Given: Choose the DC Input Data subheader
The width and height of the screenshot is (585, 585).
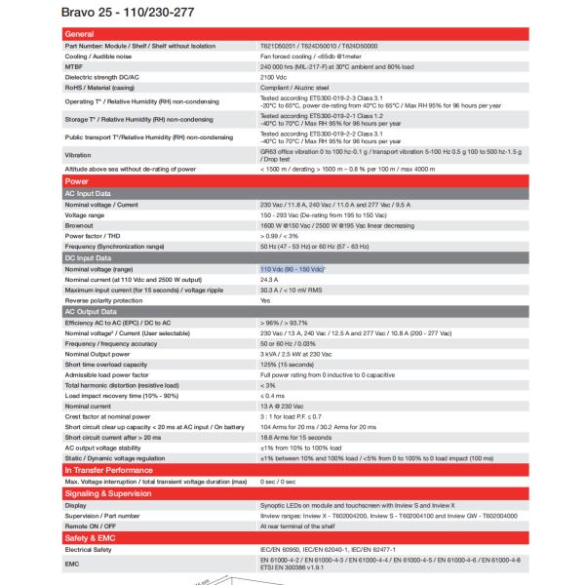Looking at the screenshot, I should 89,257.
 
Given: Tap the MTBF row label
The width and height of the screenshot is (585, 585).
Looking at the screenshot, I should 74,65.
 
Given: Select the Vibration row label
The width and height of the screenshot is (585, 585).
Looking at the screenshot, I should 78,155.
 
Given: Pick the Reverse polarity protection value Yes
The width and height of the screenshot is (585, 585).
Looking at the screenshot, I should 265,301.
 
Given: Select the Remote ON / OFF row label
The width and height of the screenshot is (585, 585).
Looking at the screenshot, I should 89,527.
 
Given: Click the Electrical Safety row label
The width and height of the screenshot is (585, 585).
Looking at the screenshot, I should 89,551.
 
